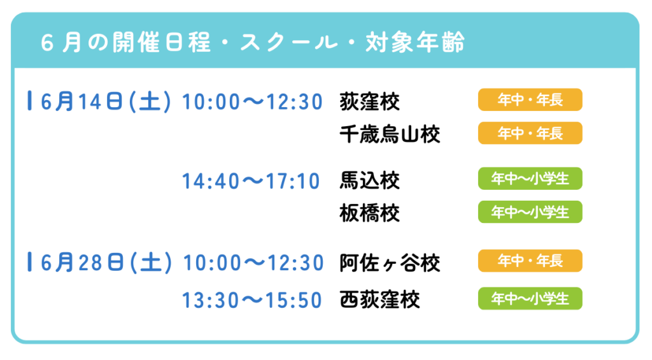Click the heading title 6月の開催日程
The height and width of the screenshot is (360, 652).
(126, 43)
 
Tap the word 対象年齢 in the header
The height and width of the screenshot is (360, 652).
(415, 43)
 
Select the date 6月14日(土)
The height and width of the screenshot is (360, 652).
(106, 101)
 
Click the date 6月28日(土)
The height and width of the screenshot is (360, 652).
(106, 263)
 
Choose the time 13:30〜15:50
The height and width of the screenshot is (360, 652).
(252, 300)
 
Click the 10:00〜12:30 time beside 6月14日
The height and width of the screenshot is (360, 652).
(252, 102)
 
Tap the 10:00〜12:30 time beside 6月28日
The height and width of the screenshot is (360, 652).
(253, 263)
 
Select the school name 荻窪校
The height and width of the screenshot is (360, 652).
(370, 101)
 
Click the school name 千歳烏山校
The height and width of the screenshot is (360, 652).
(390, 134)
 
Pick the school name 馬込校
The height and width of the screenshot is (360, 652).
(370, 180)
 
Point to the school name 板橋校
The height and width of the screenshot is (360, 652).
(370, 213)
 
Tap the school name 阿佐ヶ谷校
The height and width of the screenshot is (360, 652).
(390, 263)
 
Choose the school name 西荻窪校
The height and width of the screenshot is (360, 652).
(379, 299)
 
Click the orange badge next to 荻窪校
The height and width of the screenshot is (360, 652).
(530, 100)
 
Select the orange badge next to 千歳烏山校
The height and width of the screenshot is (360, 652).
(530, 133)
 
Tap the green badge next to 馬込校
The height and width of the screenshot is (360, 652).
(530, 178)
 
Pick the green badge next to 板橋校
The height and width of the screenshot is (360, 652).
(530, 212)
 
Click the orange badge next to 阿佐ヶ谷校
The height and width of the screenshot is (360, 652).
(530, 261)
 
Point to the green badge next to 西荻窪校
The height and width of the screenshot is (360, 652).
(530, 298)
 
